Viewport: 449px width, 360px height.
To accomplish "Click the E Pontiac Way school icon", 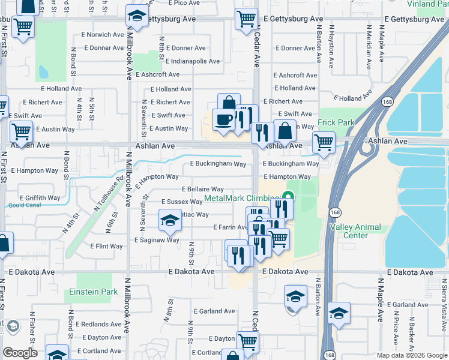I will tap(170, 221).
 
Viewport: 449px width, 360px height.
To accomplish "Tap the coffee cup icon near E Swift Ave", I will tap(223, 119).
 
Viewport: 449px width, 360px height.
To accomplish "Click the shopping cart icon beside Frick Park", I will tap(324, 143).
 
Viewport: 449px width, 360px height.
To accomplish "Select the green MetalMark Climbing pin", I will tap(288, 196).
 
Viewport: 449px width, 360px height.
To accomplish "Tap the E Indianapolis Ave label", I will tap(193, 61).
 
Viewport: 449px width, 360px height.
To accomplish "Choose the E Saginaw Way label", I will tap(157, 240).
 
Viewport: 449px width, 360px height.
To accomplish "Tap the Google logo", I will tap(20, 352).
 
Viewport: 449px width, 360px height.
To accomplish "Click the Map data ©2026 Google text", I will tap(411, 355).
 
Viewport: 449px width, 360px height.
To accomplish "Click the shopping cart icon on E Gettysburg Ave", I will tap(246, 19).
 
